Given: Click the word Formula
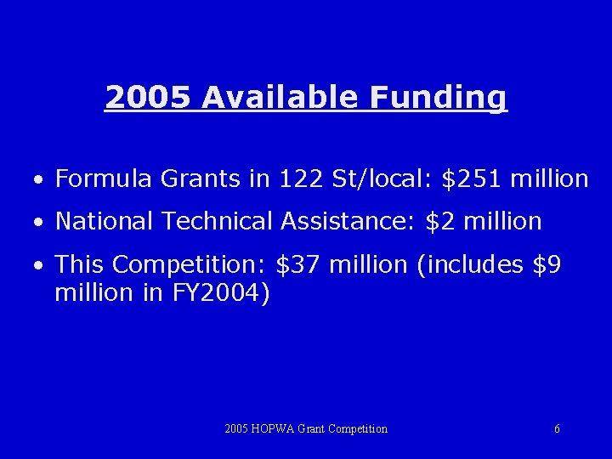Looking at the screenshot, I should point(103,178).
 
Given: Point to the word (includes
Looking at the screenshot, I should point(470,265).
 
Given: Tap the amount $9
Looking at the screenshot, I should point(547,265).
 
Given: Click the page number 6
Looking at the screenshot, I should point(557,429).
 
